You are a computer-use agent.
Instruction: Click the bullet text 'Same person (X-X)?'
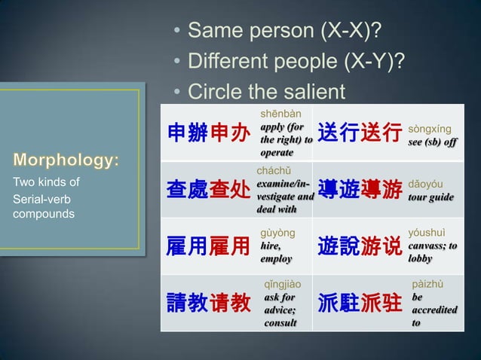pyautogui.click(x=283, y=31)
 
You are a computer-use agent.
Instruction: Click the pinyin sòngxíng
pyautogui.click(x=429, y=129)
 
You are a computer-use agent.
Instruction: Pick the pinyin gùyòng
pyautogui.click(x=277, y=233)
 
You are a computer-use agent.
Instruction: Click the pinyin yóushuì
pyautogui.click(x=427, y=233)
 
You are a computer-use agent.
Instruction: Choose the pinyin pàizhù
pyautogui.click(x=427, y=285)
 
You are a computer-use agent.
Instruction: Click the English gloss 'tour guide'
pyautogui.click(x=430, y=197)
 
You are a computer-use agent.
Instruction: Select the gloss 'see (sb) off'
pyautogui.click(x=433, y=142)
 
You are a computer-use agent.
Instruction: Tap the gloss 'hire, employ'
pyautogui.click(x=276, y=252)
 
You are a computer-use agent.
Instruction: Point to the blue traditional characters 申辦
pyautogui.click(x=187, y=133)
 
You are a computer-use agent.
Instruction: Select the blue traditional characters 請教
pyautogui.click(x=187, y=304)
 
